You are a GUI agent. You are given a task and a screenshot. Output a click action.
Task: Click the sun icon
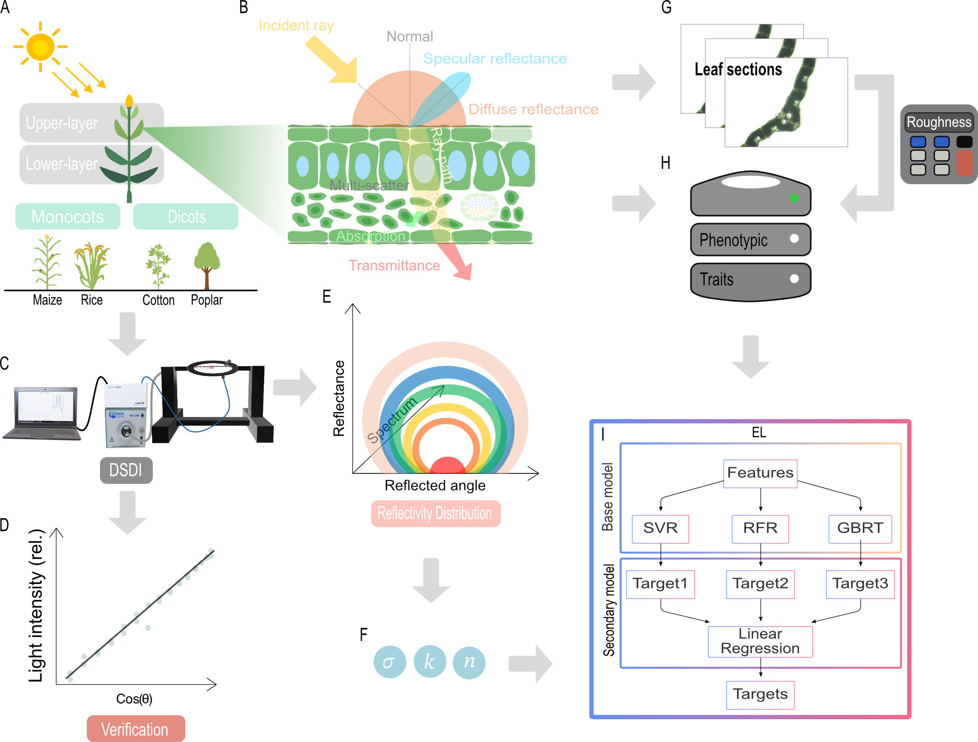(x=40, y=47)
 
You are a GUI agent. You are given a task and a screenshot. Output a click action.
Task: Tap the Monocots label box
(x=68, y=217)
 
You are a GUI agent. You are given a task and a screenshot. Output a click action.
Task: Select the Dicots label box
(x=186, y=217)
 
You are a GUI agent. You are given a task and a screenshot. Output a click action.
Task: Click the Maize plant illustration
(x=47, y=263)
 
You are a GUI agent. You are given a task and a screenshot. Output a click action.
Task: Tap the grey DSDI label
(x=126, y=470)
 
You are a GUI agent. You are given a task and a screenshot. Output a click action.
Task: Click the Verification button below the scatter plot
(x=135, y=729)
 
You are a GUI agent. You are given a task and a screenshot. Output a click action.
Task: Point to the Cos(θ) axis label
(x=134, y=699)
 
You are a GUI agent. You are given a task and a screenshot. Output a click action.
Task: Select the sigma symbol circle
(x=390, y=662)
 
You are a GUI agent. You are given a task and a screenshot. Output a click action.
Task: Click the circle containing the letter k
(x=430, y=662)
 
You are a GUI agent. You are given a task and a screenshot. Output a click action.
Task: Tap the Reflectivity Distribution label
(x=436, y=513)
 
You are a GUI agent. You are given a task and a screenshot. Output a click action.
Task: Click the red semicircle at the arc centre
(x=447, y=466)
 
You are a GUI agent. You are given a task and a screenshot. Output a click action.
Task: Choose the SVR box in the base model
(x=660, y=528)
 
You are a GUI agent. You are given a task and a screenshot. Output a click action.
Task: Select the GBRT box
(x=859, y=528)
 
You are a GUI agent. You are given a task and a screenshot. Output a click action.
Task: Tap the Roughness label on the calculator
(x=939, y=122)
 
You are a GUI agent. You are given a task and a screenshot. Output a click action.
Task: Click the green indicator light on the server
(x=794, y=199)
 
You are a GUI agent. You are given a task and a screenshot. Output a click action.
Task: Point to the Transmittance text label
(x=394, y=265)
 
